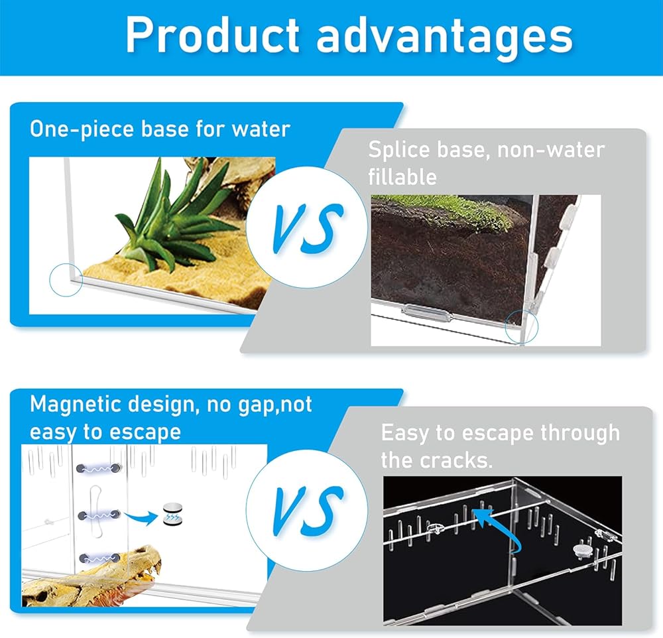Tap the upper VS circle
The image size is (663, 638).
click(x=307, y=227)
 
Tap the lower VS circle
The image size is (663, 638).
click(x=307, y=510)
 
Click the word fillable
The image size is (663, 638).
click(x=402, y=177)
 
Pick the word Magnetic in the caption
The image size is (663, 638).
click(x=76, y=405)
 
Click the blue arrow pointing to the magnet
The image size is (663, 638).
click(x=141, y=516)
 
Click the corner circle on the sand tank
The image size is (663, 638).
click(x=66, y=280)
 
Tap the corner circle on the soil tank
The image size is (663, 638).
click(x=522, y=326)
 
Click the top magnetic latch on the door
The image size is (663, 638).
click(x=99, y=468)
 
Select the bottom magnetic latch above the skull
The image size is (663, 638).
click(x=99, y=558)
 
